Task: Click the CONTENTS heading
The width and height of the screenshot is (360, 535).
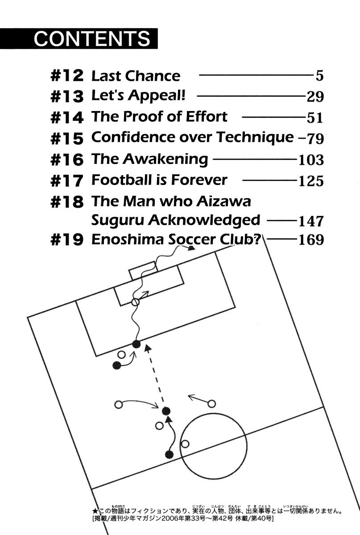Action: coord(92,39)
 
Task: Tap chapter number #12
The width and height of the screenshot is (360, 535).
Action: coord(67,76)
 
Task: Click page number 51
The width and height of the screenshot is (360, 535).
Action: coord(314,118)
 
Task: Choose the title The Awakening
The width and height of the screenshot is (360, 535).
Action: coord(149,159)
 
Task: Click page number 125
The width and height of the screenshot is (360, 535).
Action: coord(311,181)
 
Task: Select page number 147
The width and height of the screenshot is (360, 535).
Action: coord(311,221)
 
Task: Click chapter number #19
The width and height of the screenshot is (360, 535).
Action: coord(67,240)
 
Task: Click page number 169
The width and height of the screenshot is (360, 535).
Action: coord(311,240)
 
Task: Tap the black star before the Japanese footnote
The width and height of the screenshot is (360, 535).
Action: coord(94,511)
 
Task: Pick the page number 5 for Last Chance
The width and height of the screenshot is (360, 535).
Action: coord(319,76)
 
